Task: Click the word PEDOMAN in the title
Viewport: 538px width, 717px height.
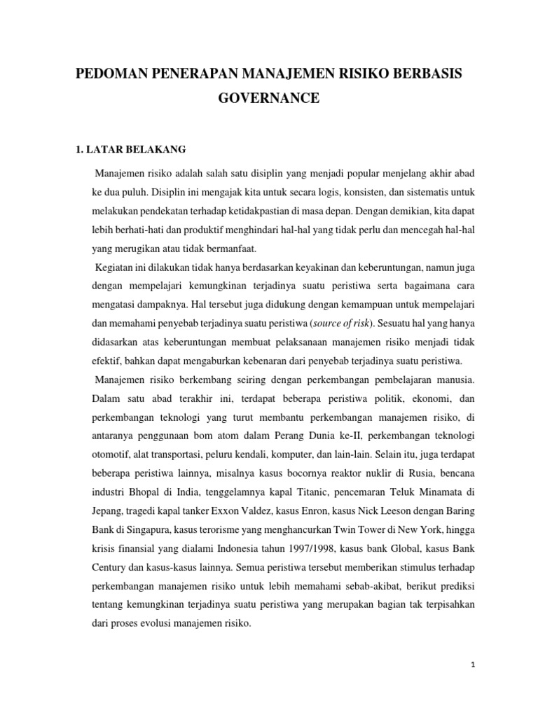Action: coord(117,74)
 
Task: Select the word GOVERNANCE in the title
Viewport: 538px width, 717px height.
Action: coord(269,99)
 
